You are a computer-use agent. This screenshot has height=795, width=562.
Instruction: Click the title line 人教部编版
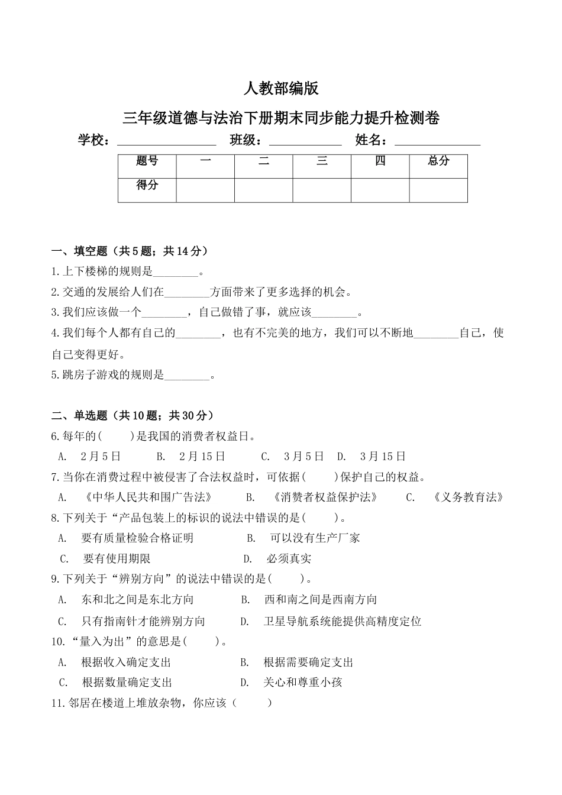point(281,89)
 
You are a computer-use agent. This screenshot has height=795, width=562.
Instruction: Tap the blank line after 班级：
point(305,143)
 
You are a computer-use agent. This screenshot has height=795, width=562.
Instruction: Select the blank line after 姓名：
point(437,143)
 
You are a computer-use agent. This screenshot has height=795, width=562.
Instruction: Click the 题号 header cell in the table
point(147,161)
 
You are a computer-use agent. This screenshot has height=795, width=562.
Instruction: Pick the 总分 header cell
point(438,161)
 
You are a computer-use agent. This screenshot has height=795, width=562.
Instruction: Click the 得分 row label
point(147,185)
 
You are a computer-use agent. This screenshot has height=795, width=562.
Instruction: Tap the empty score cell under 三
point(322,190)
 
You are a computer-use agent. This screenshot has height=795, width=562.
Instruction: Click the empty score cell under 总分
point(438,190)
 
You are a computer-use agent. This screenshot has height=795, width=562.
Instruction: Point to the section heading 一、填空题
point(130,251)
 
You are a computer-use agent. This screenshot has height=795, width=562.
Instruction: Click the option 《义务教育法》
point(468,497)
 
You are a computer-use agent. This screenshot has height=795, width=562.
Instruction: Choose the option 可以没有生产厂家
point(315,538)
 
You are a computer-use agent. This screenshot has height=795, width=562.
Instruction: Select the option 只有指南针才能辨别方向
point(143,621)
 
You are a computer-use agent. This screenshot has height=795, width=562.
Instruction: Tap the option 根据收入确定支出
point(126,662)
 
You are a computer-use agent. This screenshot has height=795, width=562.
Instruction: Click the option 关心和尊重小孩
point(302,683)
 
